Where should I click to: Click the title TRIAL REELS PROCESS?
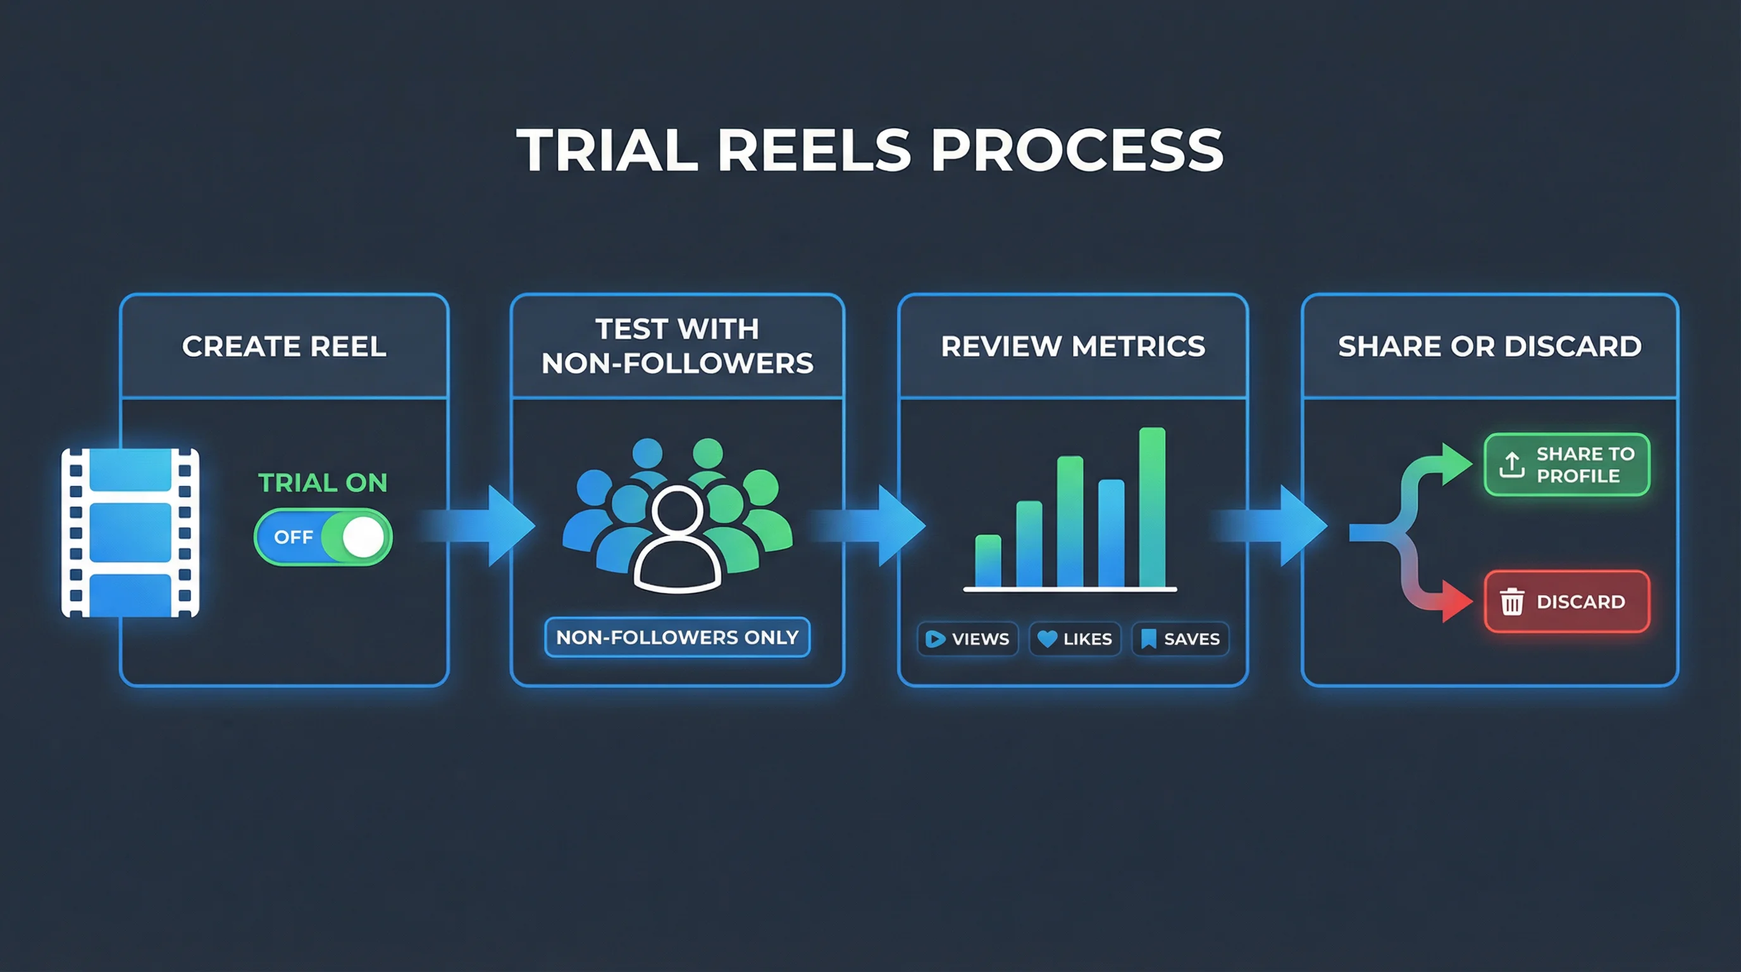tap(870, 150)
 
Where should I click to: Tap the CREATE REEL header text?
tap(284, 346)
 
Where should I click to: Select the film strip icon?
tap(130, 533)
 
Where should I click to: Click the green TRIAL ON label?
tap(323, 483)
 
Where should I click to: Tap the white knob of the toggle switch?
tap(363, 537)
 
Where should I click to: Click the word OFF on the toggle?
tap(294, 537)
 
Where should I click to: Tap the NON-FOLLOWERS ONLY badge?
tap(677, 637)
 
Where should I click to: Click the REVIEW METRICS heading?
tap(1072, 346)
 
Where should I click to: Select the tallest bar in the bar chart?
tap(1151, 507)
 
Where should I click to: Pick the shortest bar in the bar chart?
tap(988, 561)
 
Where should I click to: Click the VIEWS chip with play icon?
tap(968, 639)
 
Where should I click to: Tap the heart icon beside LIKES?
tap(1047, 639)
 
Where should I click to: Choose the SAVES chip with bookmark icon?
tap(1180, 639)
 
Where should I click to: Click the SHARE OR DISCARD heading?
tap(1490, 346)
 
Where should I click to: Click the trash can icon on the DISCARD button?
tap(1512, 602)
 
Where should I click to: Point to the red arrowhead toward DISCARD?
tap(1456, 602)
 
